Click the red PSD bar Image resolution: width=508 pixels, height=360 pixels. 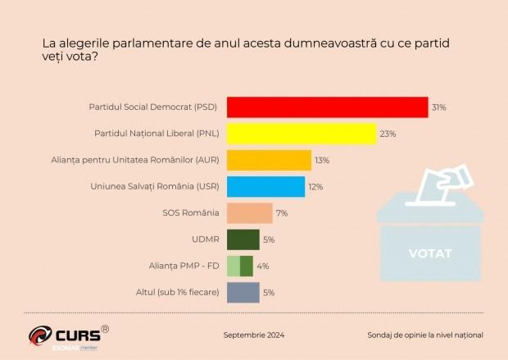pos(327,107)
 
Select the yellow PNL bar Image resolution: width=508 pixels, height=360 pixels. pos(301,134)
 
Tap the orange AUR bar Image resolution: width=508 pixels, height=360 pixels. pos(269,160)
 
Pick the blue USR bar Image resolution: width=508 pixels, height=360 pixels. pos(265,186)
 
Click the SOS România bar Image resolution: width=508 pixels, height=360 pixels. pos(249,213)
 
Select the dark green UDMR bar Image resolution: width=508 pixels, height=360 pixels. pos(243,239)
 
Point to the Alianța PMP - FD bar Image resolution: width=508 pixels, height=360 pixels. pos(239,266)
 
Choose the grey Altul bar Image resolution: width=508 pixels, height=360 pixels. pos(243,292)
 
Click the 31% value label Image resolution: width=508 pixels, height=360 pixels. pos(439,107)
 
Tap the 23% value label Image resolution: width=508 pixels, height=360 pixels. pos(387,134)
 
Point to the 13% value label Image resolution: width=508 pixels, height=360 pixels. pos(322,160)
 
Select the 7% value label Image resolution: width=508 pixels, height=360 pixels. pos(281,213)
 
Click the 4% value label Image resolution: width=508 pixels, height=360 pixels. pos(262,266)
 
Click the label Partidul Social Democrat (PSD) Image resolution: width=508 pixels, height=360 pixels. pos(153,107)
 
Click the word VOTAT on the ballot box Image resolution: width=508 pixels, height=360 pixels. pos(429,253)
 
